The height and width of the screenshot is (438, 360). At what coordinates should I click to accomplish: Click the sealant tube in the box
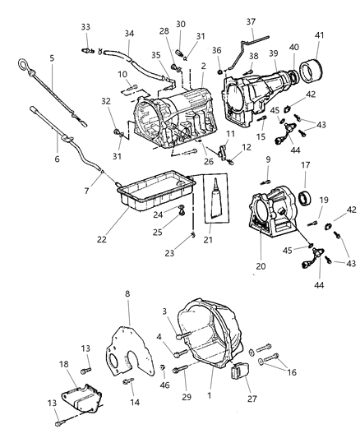coord(216,209)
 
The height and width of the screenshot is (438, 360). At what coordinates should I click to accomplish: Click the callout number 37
coord(252,21)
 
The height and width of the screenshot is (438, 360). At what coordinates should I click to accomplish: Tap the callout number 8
coord(127,294)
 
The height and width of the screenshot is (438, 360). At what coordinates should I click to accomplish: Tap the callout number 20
coord(261,266)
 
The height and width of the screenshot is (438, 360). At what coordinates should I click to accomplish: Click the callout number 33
coord(85,26)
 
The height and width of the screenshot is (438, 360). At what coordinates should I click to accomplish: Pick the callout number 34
coord(129,34)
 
